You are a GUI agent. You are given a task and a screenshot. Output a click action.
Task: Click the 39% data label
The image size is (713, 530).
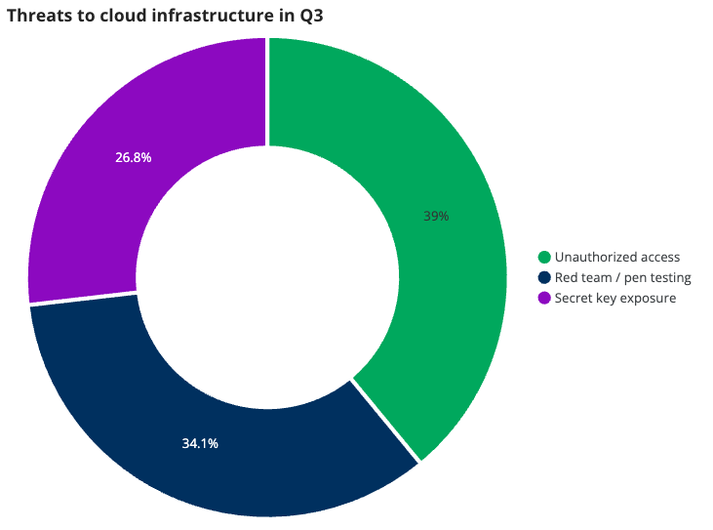tap(436, 216)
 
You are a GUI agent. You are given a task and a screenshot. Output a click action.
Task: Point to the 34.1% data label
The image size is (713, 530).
tap(200, 443)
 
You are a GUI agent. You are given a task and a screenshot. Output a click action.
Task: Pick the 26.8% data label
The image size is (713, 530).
tap(133, 156)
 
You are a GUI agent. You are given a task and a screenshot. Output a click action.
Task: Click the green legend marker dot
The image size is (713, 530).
tap(544, 258)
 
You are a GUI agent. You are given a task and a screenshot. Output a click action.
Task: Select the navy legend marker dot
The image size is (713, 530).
tap(544, 278)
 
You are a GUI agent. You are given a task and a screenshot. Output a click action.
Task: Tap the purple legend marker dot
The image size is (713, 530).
tap(544, 298)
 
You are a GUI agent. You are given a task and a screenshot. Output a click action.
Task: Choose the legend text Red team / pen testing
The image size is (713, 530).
tap(622, 278)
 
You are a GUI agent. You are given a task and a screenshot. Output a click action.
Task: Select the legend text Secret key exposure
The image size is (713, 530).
tap(614, 298)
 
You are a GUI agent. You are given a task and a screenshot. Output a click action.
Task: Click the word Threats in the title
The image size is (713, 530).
tap(35, 15)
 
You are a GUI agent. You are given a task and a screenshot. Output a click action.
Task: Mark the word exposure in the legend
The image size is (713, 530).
tap(650, 298)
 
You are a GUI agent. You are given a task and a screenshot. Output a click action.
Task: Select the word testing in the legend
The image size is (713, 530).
tap(669, 278)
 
